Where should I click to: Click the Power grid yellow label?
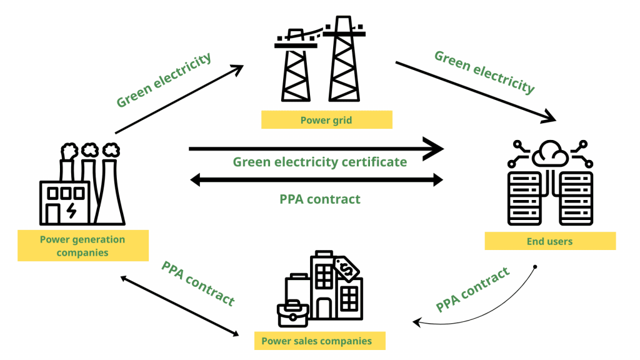pos(326,119)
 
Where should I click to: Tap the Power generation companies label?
pos(83,246)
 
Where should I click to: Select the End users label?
pos(550,241)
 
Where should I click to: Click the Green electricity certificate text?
pos(320,162)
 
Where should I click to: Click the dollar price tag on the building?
pos(346,269)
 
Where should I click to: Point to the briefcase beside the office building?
pos(292,313)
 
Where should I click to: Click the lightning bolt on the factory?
pos(72,211)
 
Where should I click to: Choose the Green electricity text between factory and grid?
pos(164,80)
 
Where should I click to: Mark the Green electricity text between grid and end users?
pos(484,72)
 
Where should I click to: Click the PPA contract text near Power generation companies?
pos(198,283)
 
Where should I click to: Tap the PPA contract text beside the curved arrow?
pos(472,289)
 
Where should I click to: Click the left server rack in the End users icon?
pos(524,197)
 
